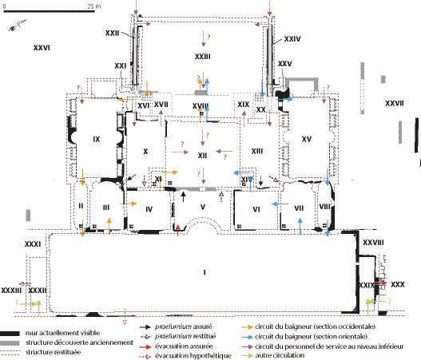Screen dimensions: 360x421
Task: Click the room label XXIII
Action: tap(202, 57)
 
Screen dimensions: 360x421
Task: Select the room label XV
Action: tap(305, 140)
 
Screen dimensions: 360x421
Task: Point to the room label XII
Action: tap(202, 154)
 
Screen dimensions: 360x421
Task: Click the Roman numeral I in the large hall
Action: tap(205, 274)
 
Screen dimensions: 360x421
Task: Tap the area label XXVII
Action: tap(394, 103)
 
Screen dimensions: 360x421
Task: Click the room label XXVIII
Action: tap(373, 242)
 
